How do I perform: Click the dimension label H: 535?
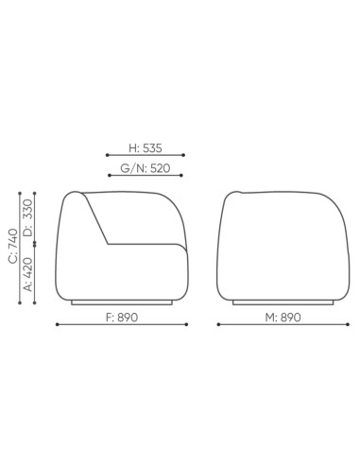coord(146,148)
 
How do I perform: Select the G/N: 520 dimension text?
coord(146,168)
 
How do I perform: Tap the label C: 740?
coord(13,246)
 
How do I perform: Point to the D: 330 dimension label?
coord(28,217)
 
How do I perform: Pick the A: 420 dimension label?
coord(28,274)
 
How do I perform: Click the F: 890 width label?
coord(122,318)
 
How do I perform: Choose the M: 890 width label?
coord(283,318)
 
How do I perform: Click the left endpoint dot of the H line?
coord(108,155)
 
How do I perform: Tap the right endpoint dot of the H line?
coord(183,155)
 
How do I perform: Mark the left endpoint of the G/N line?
coord(110,175)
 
